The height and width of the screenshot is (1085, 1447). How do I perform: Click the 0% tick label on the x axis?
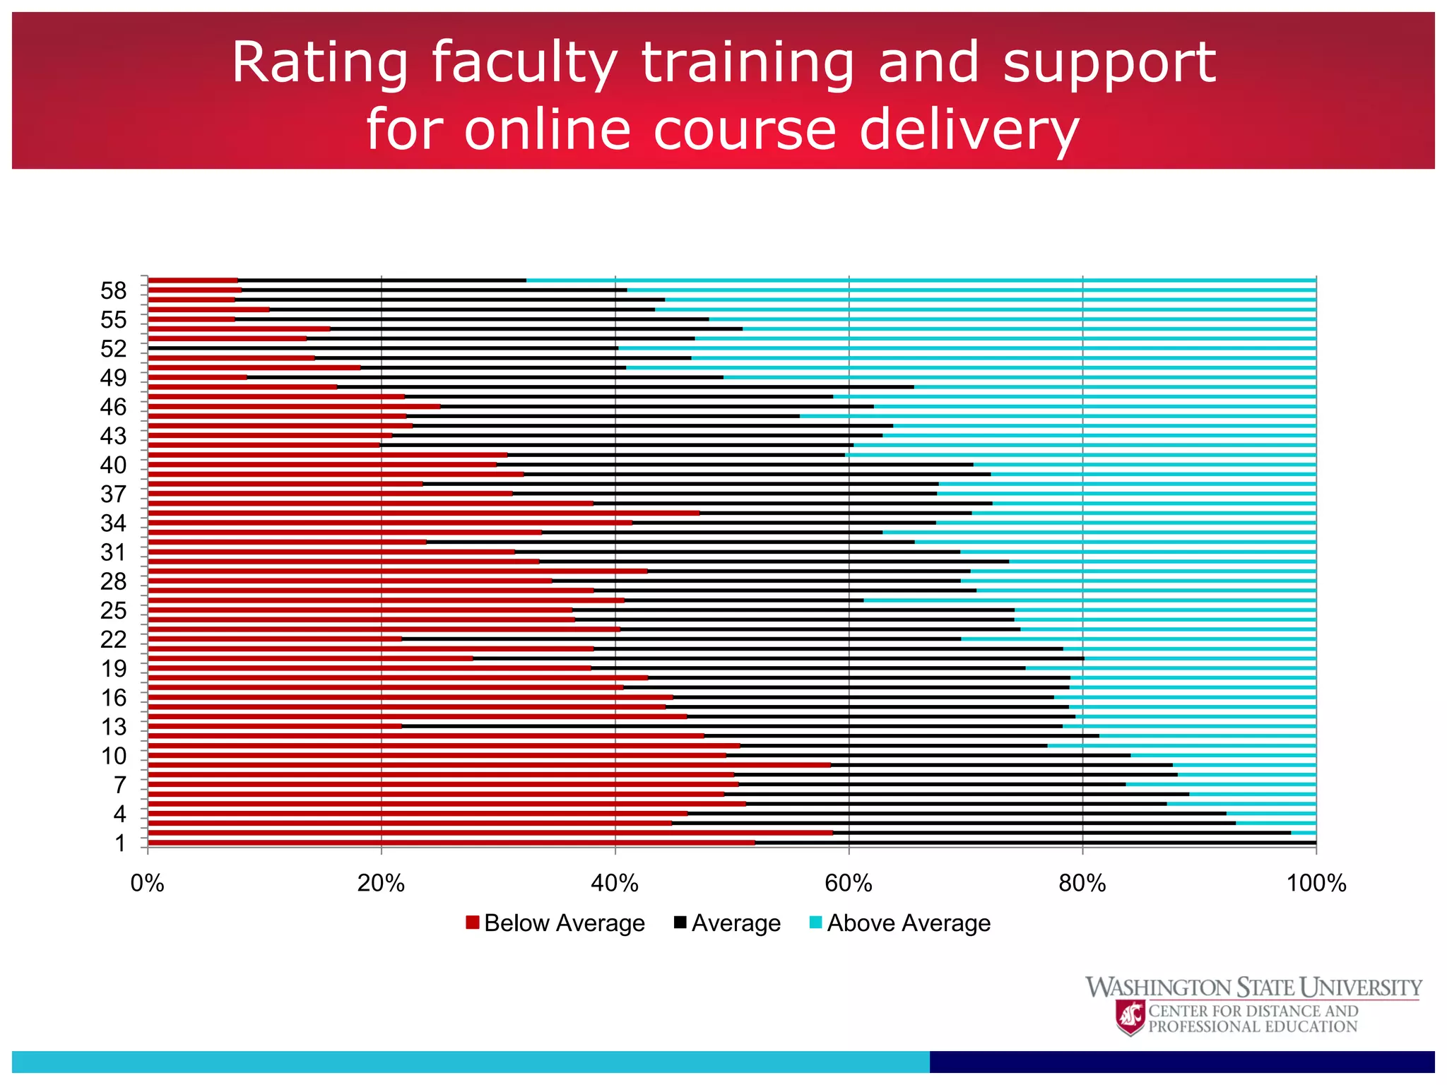point(147,884)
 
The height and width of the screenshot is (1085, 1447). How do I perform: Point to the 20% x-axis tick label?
point(381,884)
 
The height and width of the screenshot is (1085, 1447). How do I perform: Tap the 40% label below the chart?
point(615,884)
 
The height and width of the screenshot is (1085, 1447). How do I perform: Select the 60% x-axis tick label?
point(849,884)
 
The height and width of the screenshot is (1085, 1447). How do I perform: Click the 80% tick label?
point(1082,884)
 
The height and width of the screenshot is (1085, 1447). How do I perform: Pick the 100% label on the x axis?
point(1316,884)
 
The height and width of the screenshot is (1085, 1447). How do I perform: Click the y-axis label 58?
point(113,291)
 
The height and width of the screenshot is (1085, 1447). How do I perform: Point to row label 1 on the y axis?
point(120,843)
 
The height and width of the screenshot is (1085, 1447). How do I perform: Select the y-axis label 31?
point(113,552)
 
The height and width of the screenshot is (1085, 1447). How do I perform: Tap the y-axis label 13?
point(113,727)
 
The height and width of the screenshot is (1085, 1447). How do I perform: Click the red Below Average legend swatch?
point(473,923)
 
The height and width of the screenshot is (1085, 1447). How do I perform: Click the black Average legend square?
point(680,923)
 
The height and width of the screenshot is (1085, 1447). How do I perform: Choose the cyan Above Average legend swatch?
point(815,923)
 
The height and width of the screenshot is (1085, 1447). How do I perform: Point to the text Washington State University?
point(1253,987)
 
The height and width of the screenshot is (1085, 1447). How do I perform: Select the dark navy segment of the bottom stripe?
point(1181,1061)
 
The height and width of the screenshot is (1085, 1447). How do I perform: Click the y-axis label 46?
point(113,408)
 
